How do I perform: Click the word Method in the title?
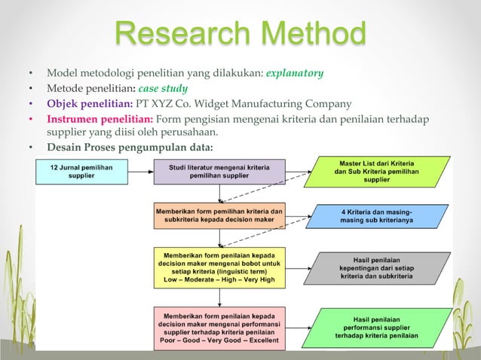click(308, 34)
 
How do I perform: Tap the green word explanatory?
click(295, 74)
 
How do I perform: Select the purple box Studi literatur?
click(219, 172)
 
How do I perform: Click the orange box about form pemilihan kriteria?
click(219, 216)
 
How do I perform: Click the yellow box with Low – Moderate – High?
click(219, 266)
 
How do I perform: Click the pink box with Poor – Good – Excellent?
click(219, 326)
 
